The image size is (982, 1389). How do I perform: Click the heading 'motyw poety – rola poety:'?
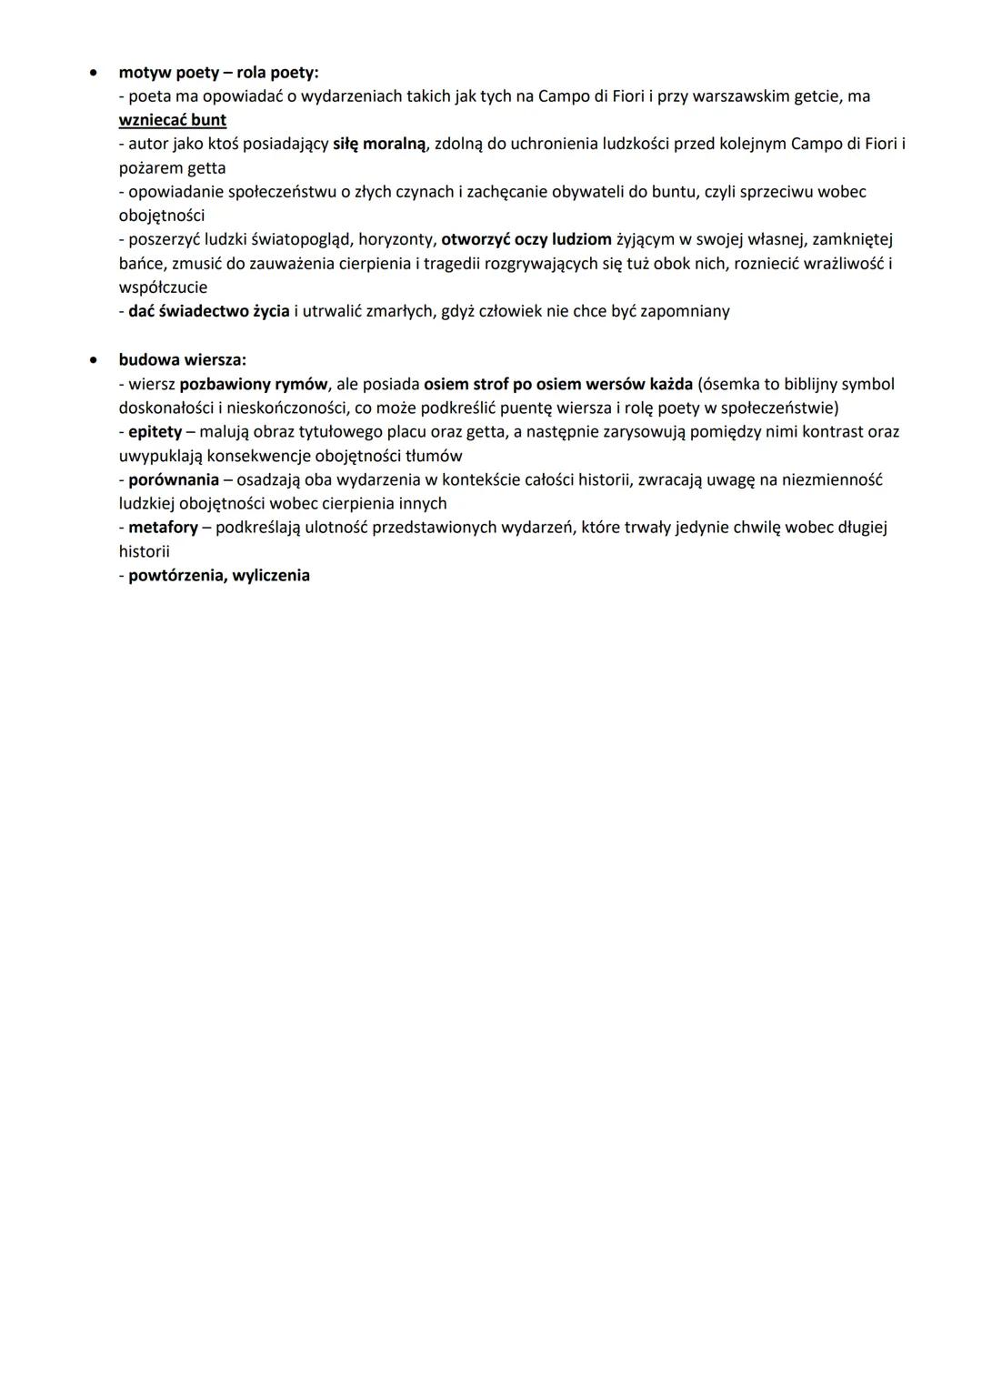pyautogui.click(x=218, y=73)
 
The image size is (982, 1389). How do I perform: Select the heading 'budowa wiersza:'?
pyautogui.click(x=182, y=360)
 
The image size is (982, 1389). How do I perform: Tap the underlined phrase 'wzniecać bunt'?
pyautogui.click(x=173, y=120)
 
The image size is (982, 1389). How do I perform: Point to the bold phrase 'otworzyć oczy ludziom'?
pyautogui.click(x=526, y=239)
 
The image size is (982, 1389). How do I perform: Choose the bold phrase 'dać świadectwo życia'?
pyautogui.click(x=209, y=311)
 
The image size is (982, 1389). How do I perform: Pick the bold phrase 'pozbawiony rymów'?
pyautogui.click(x=254, y=384)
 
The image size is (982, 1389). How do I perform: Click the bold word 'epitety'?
pyautogui.click(x=155, y=431)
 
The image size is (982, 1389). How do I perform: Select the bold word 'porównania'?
pyautogui.click(x=174, y=479)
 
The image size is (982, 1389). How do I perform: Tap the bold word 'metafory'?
pyautogui.click(x=163, y=527)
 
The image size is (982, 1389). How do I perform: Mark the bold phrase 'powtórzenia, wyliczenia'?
pyautogui.click(x=219, y=575)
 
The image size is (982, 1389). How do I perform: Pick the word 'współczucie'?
pyautogui.click(x=163, y=287)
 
